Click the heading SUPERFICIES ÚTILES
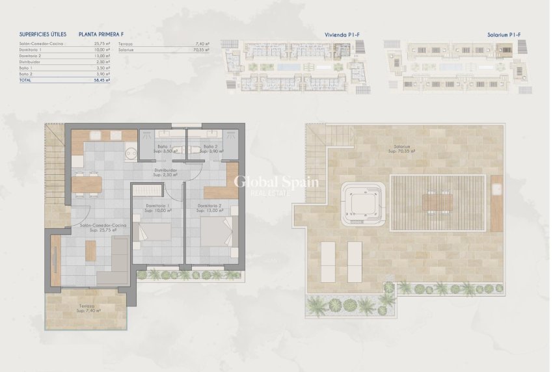pyautogui.click(x=43, y=34)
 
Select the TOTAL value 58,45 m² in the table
pyautogui.click(x=102, y=81)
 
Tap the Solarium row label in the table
pyautogui.click(x=126, y=49)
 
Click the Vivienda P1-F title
pyautogui.click(x=342, y=34)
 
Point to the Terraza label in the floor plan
pyautogui.click(x=87, y=306)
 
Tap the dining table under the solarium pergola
pyautogui.click(x=437, y=202)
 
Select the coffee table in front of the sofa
pyautogui.click(x=90, y=250)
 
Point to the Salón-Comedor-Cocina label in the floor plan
pyautogui.click(x=103, y=226)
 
